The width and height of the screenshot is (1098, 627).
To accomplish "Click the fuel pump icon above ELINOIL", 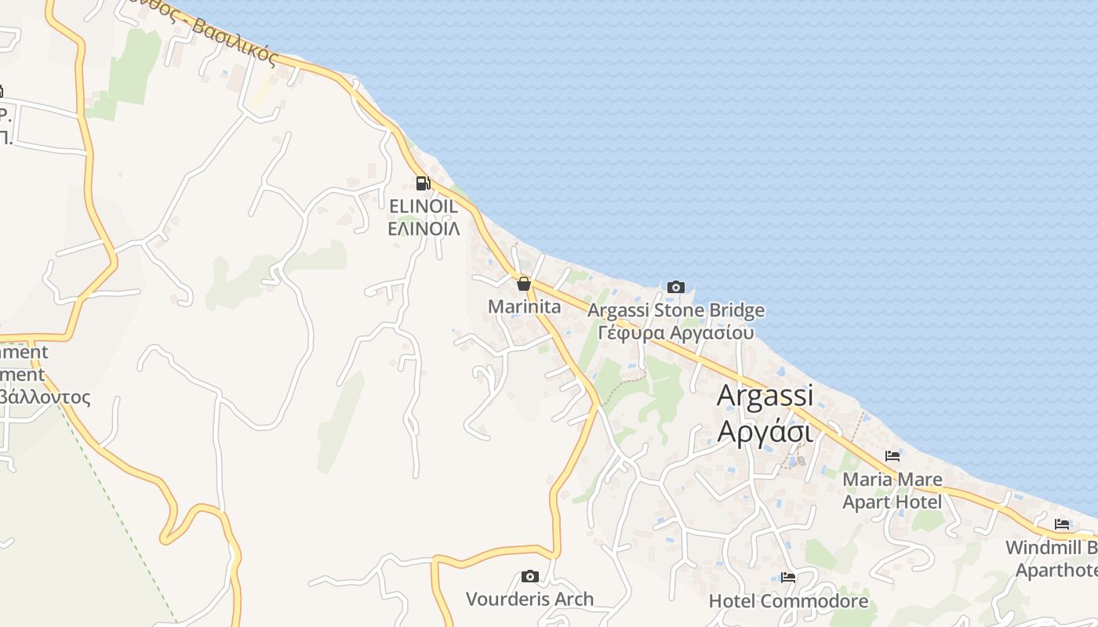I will pyautogui.click(x=423, y=183).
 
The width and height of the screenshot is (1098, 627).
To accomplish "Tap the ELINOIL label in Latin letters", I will pyautogui.click(x=424, y=206).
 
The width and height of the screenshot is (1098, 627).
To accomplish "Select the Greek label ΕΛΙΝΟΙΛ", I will pyautogui.click(x=424, y=228).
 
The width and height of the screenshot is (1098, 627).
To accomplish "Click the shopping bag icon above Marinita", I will pyautogui.click(x=523, y=284).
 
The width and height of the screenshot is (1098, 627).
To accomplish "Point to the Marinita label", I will pyautogui.click(x=525, y=306).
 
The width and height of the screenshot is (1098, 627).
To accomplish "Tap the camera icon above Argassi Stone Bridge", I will pyautogui.click(x=675, y=288).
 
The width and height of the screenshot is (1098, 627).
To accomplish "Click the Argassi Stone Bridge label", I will pyautogui.click(x=676, y=310).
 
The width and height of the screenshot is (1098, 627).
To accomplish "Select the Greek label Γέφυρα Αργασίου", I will pyautogui.click(x=676, y=332).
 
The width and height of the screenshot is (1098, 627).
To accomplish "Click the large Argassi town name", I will pyautogui.click(x=765, y=395).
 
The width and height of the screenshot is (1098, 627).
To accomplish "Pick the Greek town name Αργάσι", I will pyautogui.click(x=765, y=430).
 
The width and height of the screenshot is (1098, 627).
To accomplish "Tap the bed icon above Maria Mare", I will pyautogui.click(x=893, y=456).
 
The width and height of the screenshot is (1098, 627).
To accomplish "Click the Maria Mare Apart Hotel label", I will pyautogui.click(x=893, y=490).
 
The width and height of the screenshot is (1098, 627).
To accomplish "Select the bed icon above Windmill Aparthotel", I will pyautogui.click(x=1062, y=524).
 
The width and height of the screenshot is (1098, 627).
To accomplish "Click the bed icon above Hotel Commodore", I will pyautogui.click(x=788, y=578).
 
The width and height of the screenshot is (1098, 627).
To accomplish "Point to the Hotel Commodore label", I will pyautogui.click(x=788, y=601).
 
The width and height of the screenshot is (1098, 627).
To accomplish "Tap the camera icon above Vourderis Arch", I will pyautogui.click(x=530, y=577).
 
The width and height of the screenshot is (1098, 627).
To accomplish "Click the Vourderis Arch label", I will pyautogui.click(x=530, y=600).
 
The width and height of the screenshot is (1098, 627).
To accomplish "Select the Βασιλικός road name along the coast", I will pyautogui.click(x=235, y=42).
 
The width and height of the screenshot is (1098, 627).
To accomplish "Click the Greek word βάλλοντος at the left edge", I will pyautogui.click(x=45, y=397).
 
